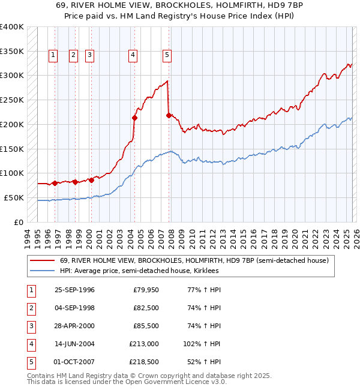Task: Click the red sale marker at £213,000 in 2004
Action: (x=134, y=118)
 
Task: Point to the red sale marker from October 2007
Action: (x=169, y=115)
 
